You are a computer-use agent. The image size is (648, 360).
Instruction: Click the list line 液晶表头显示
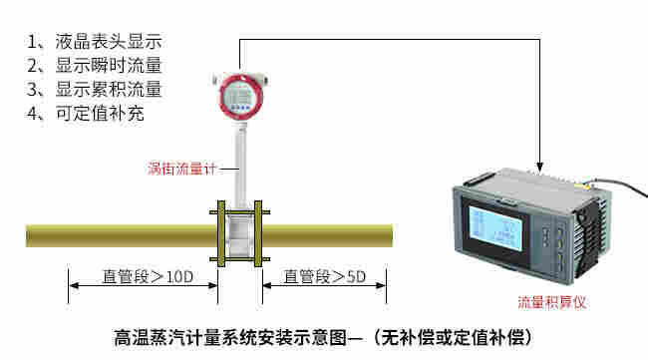pos(95,42)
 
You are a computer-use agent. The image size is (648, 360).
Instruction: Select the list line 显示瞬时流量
pos(95,66)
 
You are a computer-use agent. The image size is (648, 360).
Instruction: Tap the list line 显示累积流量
pos(95,90)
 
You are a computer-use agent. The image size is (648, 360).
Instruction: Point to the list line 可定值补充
pos(87,114)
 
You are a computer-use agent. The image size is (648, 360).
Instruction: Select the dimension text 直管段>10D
pos(147,276)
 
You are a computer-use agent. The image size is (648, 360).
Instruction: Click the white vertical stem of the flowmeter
pos(240,165)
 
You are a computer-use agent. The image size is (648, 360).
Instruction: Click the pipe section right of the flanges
pos(329,235)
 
